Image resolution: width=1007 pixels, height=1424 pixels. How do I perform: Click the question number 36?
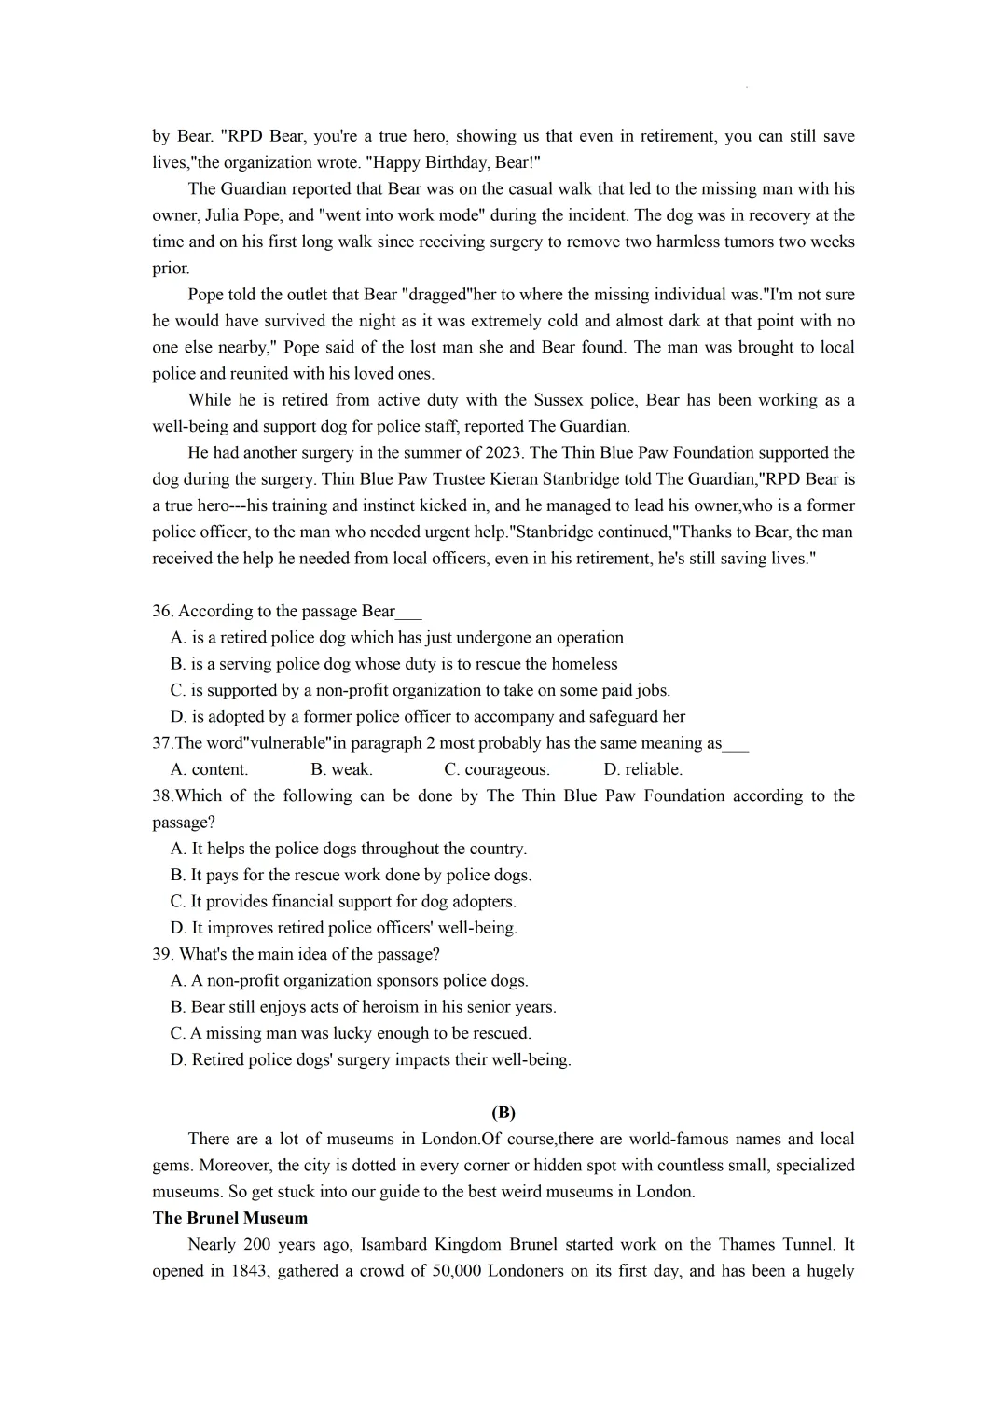click(163, 612)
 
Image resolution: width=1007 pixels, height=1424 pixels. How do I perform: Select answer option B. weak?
click(341, 769)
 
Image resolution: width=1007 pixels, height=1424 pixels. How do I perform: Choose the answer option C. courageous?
click(497, 769)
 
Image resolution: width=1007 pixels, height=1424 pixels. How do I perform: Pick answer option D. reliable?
click(642, 769)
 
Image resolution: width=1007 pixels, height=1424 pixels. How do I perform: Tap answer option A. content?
click(209, 769)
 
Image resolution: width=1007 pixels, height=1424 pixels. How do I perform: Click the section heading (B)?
click(504, 1113)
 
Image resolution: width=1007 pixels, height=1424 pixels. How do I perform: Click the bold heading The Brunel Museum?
click(229, 1218)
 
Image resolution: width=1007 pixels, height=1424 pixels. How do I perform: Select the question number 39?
click(163, 955)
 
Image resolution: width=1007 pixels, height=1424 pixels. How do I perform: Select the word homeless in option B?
click(583, 664)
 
